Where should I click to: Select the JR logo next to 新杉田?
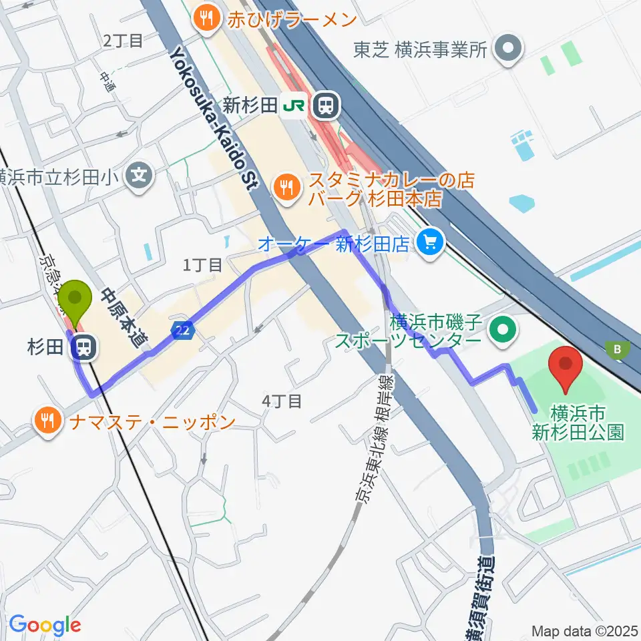click(x=296, y=104)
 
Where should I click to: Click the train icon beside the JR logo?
click(x=326, y=104)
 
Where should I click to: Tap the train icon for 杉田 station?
click(x=83, y=347)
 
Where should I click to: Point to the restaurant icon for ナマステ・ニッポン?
click(x=47, y=421)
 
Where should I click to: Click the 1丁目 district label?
click(x=202, y=265)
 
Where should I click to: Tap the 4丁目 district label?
click(x=281, y=401)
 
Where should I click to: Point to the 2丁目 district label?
click(x=124, y=41)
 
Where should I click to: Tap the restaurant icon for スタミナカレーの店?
click(x=288, y=188)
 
